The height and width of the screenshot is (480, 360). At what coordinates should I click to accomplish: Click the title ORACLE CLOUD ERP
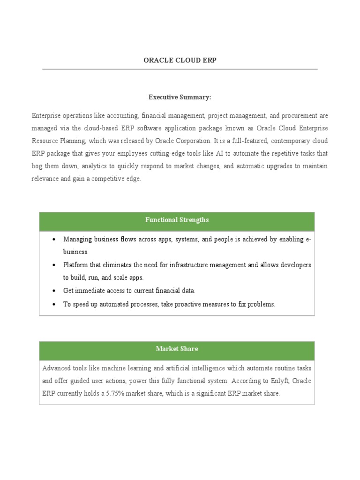tap(180, 60)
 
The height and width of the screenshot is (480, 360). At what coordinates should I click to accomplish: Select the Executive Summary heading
tap(180, 97)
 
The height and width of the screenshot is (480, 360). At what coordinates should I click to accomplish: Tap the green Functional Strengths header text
tap(177, 220)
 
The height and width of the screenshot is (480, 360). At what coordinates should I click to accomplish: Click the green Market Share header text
tap(177, 349)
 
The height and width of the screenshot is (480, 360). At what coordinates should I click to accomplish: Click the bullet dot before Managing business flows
tap(54, 240)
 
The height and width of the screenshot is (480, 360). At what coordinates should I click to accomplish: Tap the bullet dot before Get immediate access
tap(54, 291)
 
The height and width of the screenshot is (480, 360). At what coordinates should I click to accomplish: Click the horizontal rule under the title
tap(180, 69)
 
